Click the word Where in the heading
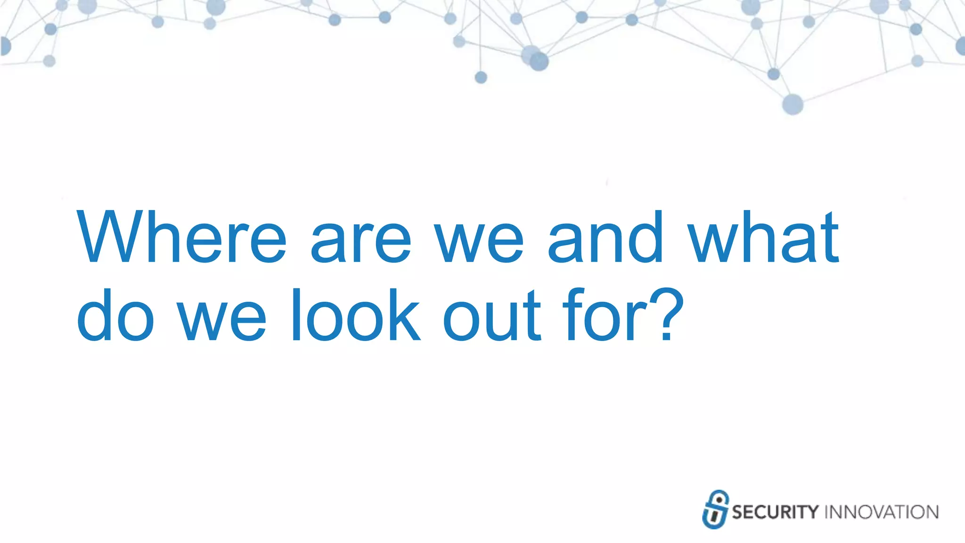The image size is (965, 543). point(181,237)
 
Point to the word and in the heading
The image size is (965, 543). point(605,237)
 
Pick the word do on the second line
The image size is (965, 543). point(115,315)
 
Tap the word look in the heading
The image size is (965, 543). point(356,315)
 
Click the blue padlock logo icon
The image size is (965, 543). point(715,510)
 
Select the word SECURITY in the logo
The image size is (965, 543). point(775,512)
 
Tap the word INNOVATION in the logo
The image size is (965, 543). point(881,512)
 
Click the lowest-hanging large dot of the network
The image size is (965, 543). point(793,104)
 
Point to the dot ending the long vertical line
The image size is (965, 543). point(481,77)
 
